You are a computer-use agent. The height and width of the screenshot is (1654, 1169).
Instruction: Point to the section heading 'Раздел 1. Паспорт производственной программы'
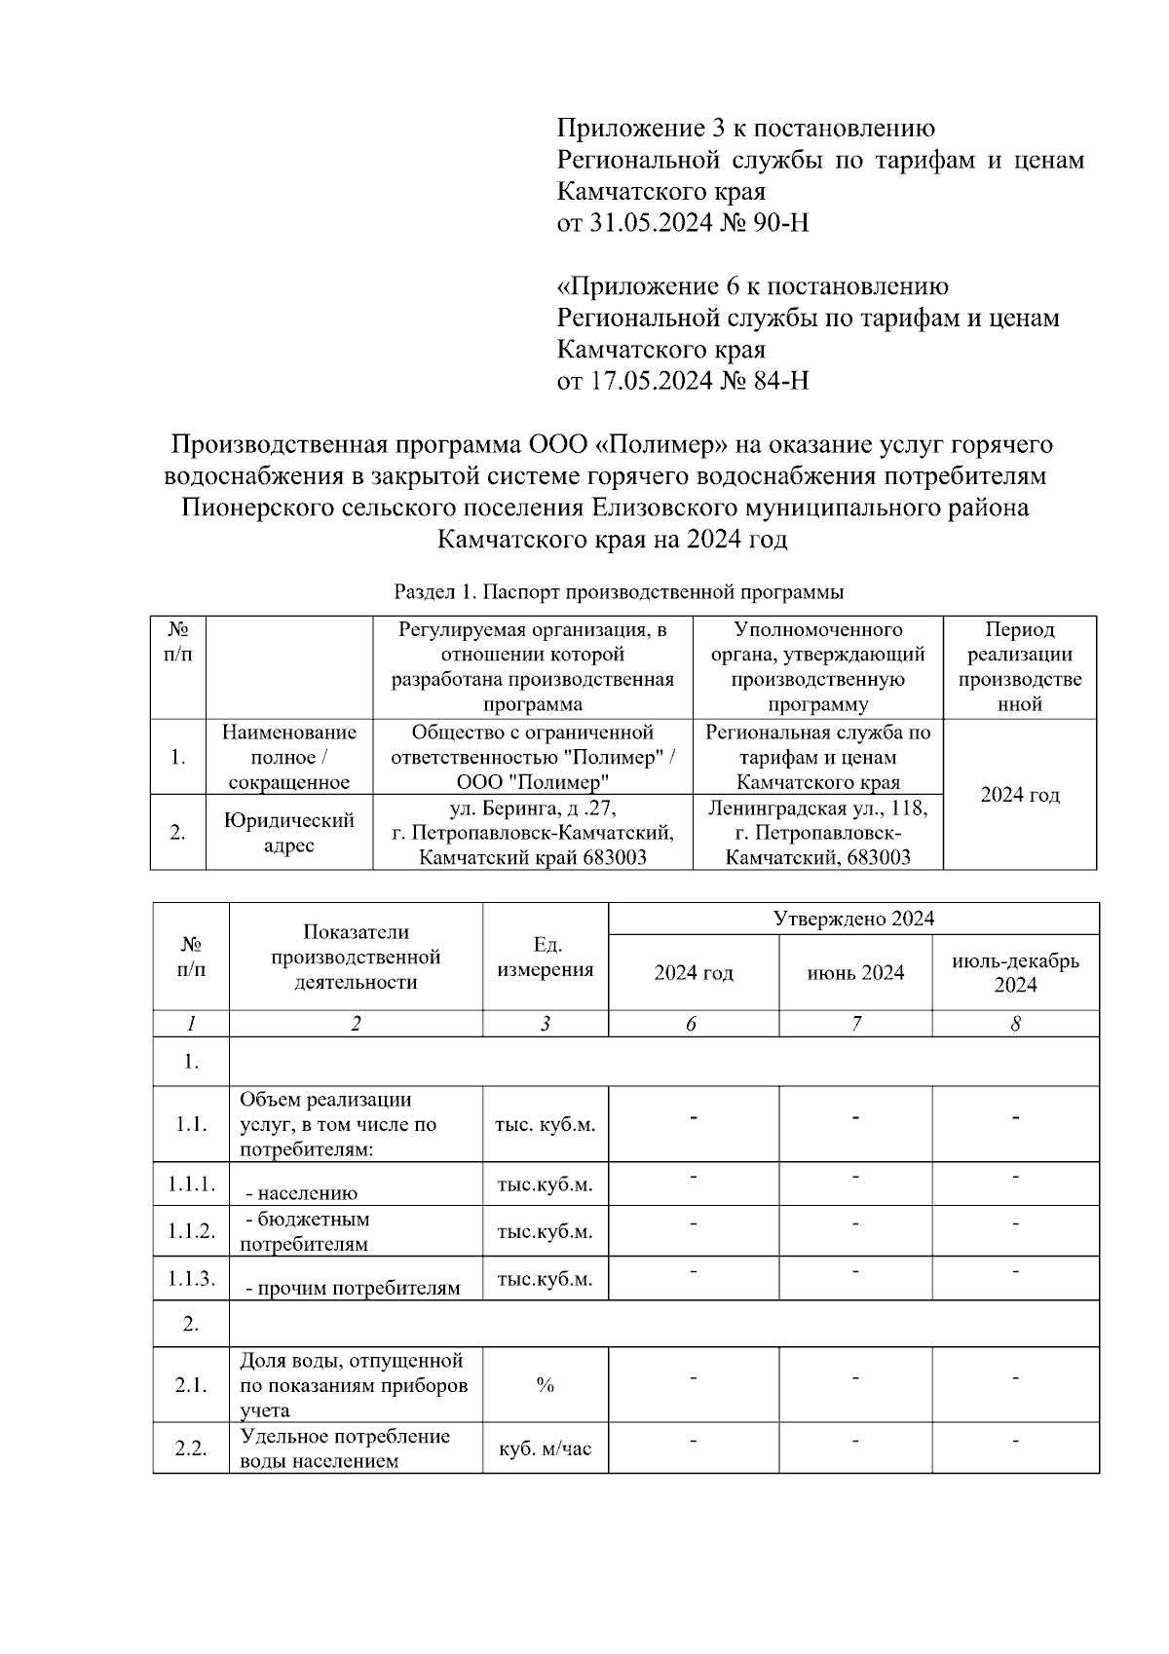(619, 591)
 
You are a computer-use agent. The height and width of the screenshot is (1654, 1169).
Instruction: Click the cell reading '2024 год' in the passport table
(1019, 795)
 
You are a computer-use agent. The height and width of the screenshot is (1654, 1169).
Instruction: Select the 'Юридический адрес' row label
(288, 833)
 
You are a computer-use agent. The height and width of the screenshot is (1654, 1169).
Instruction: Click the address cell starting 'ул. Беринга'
(532, 833)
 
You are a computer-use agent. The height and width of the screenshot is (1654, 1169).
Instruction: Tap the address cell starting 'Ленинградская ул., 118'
(817, 833)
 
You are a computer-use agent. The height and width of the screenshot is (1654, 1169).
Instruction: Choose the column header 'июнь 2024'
(855, 972)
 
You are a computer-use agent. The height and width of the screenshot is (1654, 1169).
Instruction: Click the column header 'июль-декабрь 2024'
(1015, 972)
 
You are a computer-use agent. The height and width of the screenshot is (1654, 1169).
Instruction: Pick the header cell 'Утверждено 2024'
(853, 919)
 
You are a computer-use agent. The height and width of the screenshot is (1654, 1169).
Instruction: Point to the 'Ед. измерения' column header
(545, 957)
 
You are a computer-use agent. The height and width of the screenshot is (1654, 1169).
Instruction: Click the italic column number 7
(855, 1024)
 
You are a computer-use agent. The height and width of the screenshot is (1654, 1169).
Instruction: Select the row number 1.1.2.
(191, 1231)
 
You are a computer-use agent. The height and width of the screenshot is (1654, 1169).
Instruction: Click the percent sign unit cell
(545, 1385)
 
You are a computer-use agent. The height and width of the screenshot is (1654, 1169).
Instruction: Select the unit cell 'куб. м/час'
(545, 1448)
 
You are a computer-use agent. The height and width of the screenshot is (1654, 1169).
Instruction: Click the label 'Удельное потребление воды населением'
(345, 1448)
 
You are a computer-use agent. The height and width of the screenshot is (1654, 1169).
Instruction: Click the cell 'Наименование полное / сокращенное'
(288, 757)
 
